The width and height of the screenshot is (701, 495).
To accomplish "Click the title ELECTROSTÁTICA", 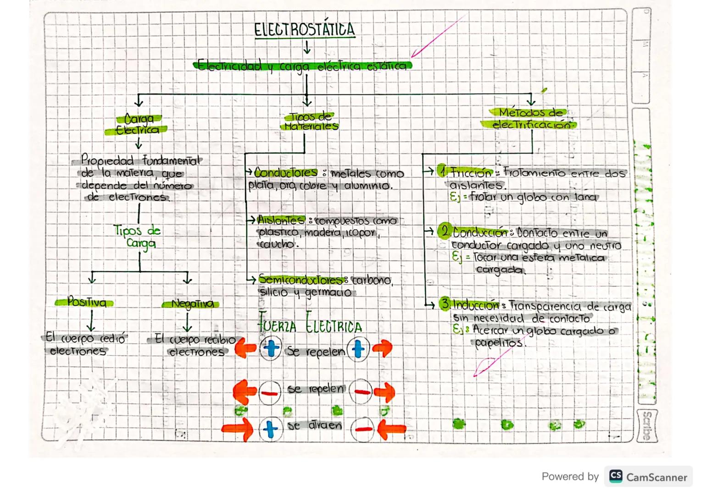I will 305,29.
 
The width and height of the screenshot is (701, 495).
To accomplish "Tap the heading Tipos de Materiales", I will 311,121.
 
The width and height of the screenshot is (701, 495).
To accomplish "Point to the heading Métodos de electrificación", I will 530,118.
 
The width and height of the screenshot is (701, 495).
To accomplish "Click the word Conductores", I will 285,173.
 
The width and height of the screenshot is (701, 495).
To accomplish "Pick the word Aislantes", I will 281,220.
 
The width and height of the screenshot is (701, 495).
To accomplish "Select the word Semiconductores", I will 300,279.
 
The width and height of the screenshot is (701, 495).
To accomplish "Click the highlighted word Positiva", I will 86,302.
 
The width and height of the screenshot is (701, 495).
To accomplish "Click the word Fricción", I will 471,173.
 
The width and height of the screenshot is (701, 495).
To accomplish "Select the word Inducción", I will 476,305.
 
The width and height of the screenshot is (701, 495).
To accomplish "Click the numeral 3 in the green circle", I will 445,303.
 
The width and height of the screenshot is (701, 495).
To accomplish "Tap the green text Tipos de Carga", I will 137,236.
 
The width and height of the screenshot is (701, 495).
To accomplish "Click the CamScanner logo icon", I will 616,476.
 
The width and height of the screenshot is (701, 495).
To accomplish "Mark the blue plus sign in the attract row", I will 270,429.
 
